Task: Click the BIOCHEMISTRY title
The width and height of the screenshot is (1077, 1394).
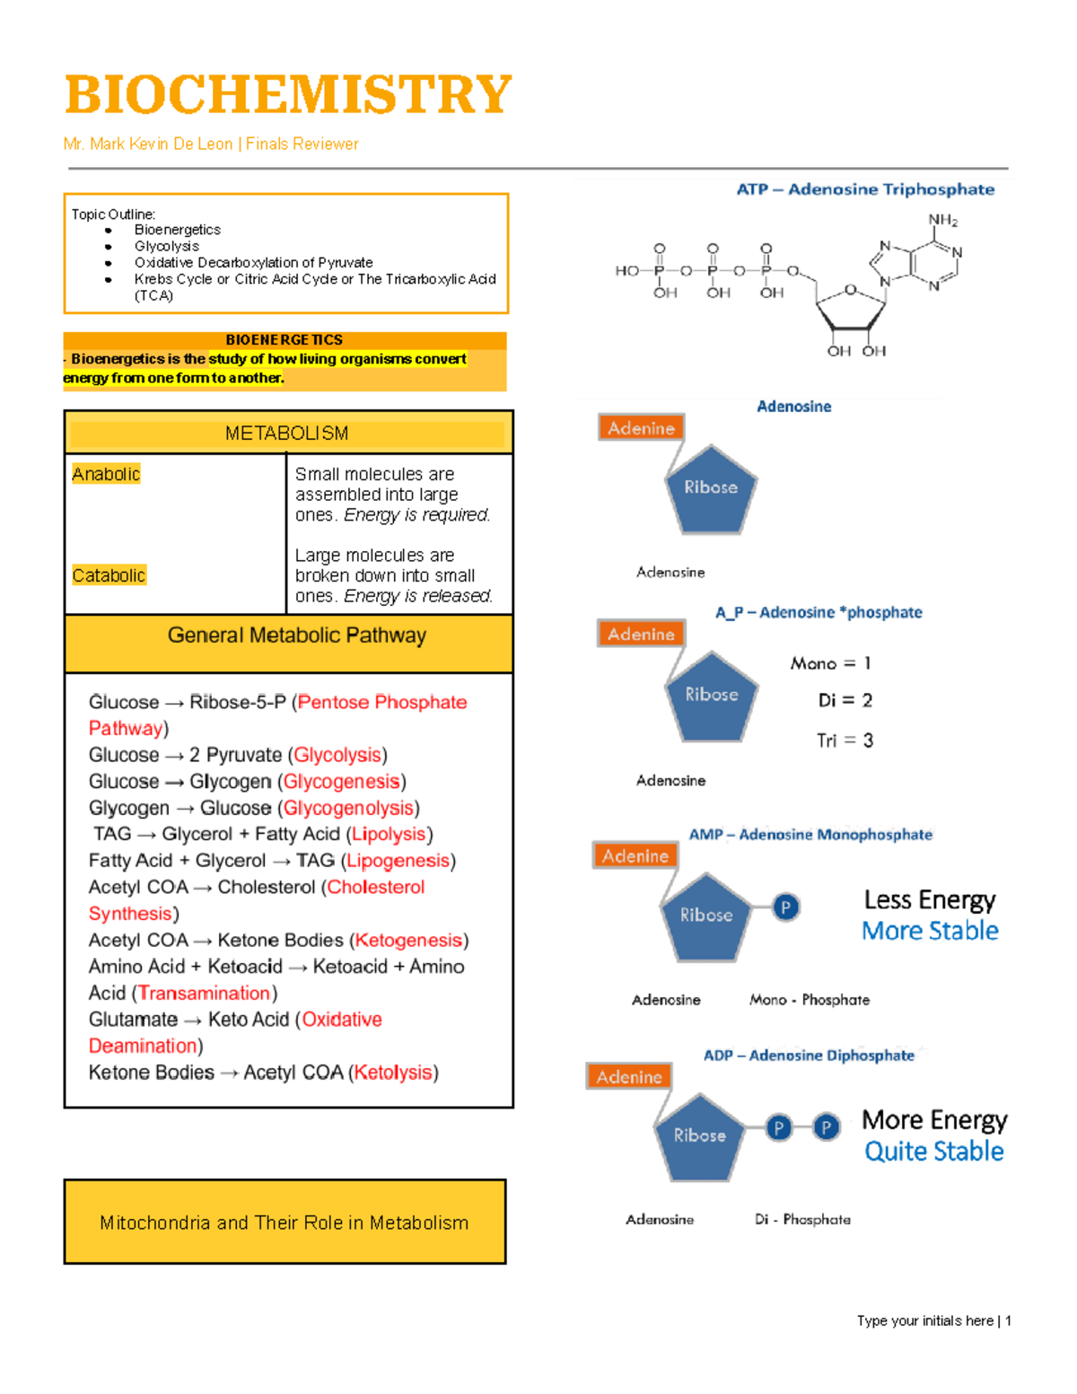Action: pyautogui.click(x=288, y=95)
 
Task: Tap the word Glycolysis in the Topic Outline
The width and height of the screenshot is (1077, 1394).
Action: pyautogui.click(x=167, y=246)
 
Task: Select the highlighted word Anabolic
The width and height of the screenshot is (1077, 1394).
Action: pyautogui.click(x=106, y=474)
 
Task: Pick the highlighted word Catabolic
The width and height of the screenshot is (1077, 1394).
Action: pyautogui.click(x=109, y=575)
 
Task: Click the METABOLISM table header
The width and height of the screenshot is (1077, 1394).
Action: pyautogui.click(x=287, y=434)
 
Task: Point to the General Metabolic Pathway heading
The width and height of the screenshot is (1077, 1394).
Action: pyautogui.click(x=296, y=636)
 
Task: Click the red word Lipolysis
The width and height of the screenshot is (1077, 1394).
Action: pyautogui.click(x=389, y=834)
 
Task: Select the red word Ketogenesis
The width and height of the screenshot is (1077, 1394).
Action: pyautogui.click(x=408, y=940)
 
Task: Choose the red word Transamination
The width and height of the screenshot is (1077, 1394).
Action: pyautogui.click(x=205, y=993)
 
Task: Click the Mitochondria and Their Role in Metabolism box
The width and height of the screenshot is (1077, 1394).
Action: pyautogui.click(x=285, y=1223)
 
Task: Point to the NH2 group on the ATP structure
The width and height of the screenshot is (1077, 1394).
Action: pyautogui.click(x=942, y=220)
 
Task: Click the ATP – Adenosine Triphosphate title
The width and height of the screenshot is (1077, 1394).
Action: pyautogui.click(x=865, y=189)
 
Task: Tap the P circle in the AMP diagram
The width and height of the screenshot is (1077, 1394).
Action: pyautogui.click(x=785, y=907)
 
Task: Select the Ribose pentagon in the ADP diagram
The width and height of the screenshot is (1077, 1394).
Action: pyautogui.click(x=700, y=1135)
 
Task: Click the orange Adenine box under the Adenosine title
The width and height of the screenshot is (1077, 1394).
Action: pyautogui.click(x=641, y=428)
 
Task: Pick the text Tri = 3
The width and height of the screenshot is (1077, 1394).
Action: pyautogui.click(x=845, y=741)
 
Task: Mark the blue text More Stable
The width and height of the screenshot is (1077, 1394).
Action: pyautogui.click(x=930, y=931)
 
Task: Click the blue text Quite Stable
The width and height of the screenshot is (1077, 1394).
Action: pyautogui.click(x=933, y=1151)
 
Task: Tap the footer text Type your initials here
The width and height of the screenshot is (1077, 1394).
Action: pyautogui.click(x=924, y=1320)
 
